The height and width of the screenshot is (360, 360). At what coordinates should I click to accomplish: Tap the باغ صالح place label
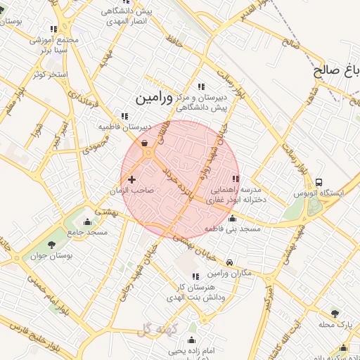336,70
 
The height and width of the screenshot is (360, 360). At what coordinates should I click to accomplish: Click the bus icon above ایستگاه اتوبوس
320,183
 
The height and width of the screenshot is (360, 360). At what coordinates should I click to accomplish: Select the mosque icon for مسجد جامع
88,222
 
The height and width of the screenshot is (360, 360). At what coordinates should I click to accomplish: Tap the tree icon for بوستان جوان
51,245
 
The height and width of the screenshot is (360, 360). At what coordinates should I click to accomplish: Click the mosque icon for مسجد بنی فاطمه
233,219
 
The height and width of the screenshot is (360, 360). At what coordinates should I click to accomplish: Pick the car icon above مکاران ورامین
229,263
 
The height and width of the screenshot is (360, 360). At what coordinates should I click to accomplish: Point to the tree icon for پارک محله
334,314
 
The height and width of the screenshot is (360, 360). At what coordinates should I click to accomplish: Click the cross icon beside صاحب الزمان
131,180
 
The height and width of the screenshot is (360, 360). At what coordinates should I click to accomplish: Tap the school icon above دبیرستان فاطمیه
124,116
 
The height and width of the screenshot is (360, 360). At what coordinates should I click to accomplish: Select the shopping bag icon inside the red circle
144,144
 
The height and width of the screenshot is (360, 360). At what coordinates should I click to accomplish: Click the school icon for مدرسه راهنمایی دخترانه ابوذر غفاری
235,179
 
